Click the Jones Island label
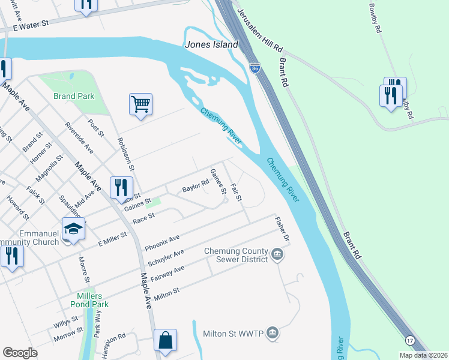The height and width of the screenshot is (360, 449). (212, 44)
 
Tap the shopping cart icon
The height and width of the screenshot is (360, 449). (140, 104)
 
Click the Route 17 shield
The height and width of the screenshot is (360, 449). (411, 340)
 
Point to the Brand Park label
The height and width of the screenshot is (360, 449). (73, 96)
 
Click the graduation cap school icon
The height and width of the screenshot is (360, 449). (73, 230)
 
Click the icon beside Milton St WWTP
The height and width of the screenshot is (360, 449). (272, 332)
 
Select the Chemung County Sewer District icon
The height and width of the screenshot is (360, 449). (277, 255)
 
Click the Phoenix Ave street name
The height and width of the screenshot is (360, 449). (162, 243)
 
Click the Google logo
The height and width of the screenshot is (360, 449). (20, 353)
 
